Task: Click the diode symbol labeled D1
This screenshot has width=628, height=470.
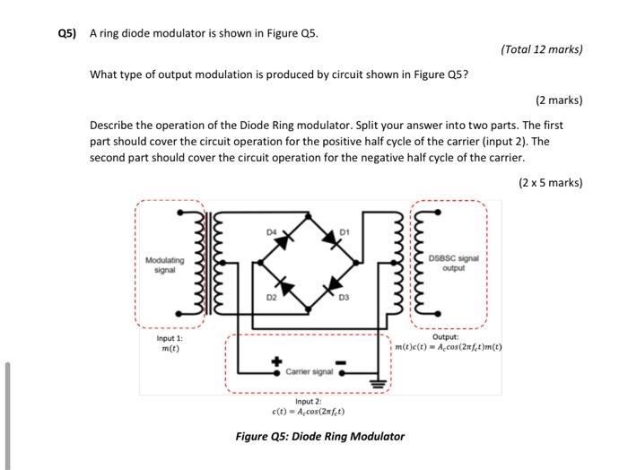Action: [x=330, y=243]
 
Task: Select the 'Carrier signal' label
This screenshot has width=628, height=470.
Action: [x=309, y=370]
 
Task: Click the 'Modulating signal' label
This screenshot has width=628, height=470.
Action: [x=164, y=265]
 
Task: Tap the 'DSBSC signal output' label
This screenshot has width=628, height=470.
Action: [x=454, y=262]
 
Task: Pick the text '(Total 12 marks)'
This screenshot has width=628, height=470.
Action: [x=543, y=50]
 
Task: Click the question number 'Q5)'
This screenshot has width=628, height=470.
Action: [x=67, y=34]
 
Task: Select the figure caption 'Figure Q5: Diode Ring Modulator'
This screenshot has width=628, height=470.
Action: [x=319, y=437]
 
